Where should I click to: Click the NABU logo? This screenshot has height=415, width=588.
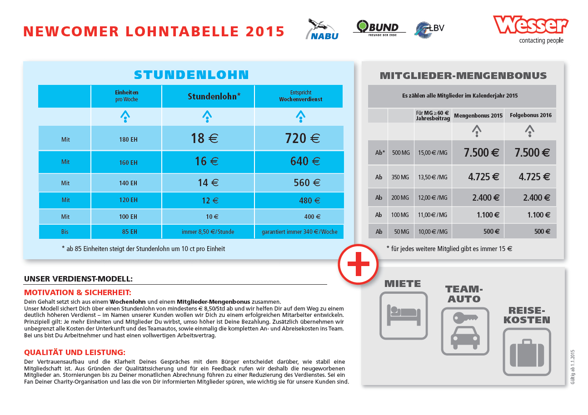coord(322,30)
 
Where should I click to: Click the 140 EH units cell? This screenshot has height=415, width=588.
coord(128,183)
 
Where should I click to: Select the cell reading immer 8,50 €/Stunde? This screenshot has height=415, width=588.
coord(208,232)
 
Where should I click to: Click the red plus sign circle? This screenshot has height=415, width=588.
coord(358,265)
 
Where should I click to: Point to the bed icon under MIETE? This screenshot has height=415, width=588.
coord(404,315)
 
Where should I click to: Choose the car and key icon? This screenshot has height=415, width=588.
coord(465,331)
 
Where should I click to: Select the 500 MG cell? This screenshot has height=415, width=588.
coord(400,153)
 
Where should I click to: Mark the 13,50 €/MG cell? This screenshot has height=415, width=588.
coord(433,177)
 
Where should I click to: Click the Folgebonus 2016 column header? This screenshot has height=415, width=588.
coord(530,115)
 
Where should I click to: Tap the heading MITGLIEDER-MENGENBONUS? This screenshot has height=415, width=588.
coord(463,75)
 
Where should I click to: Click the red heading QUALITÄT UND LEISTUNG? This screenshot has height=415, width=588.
coord(75,352)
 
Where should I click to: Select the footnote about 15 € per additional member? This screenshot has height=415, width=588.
coord(449,248)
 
